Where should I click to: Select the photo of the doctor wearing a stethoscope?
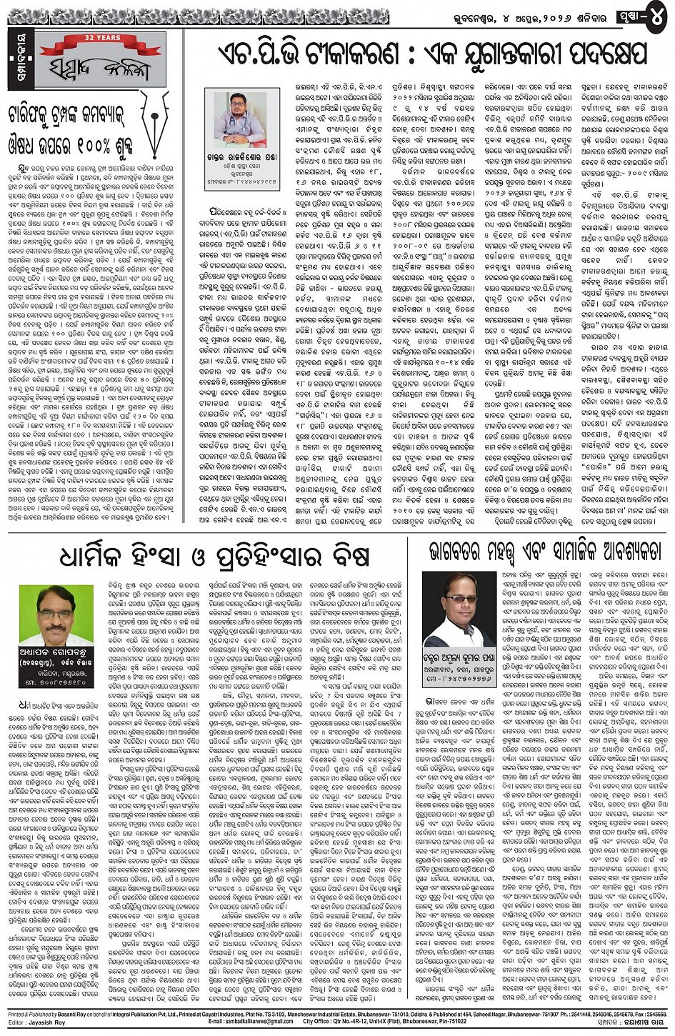[240, 119]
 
